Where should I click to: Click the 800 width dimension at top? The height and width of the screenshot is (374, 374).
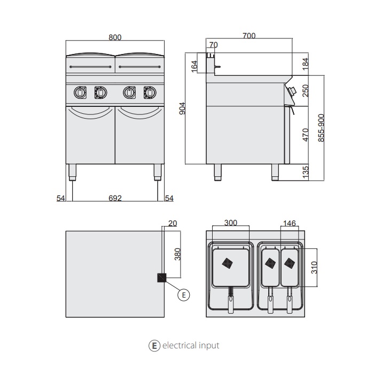point(115,37)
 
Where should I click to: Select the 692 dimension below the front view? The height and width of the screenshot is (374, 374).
point(115,198)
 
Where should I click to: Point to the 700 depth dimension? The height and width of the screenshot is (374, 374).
point(249,36)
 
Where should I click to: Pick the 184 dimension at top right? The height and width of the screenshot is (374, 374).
point(306,64)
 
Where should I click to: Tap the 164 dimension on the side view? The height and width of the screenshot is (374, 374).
point(194,66)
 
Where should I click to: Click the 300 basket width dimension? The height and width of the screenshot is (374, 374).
point(230,222)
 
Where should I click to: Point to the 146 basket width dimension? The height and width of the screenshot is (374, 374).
point(289,222)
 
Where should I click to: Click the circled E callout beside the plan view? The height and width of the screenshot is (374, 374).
point(183,294)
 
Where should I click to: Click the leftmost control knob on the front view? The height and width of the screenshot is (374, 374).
point(80,93)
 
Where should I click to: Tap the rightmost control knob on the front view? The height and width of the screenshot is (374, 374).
point(150,93)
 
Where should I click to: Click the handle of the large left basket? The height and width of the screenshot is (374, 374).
point(231,304)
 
